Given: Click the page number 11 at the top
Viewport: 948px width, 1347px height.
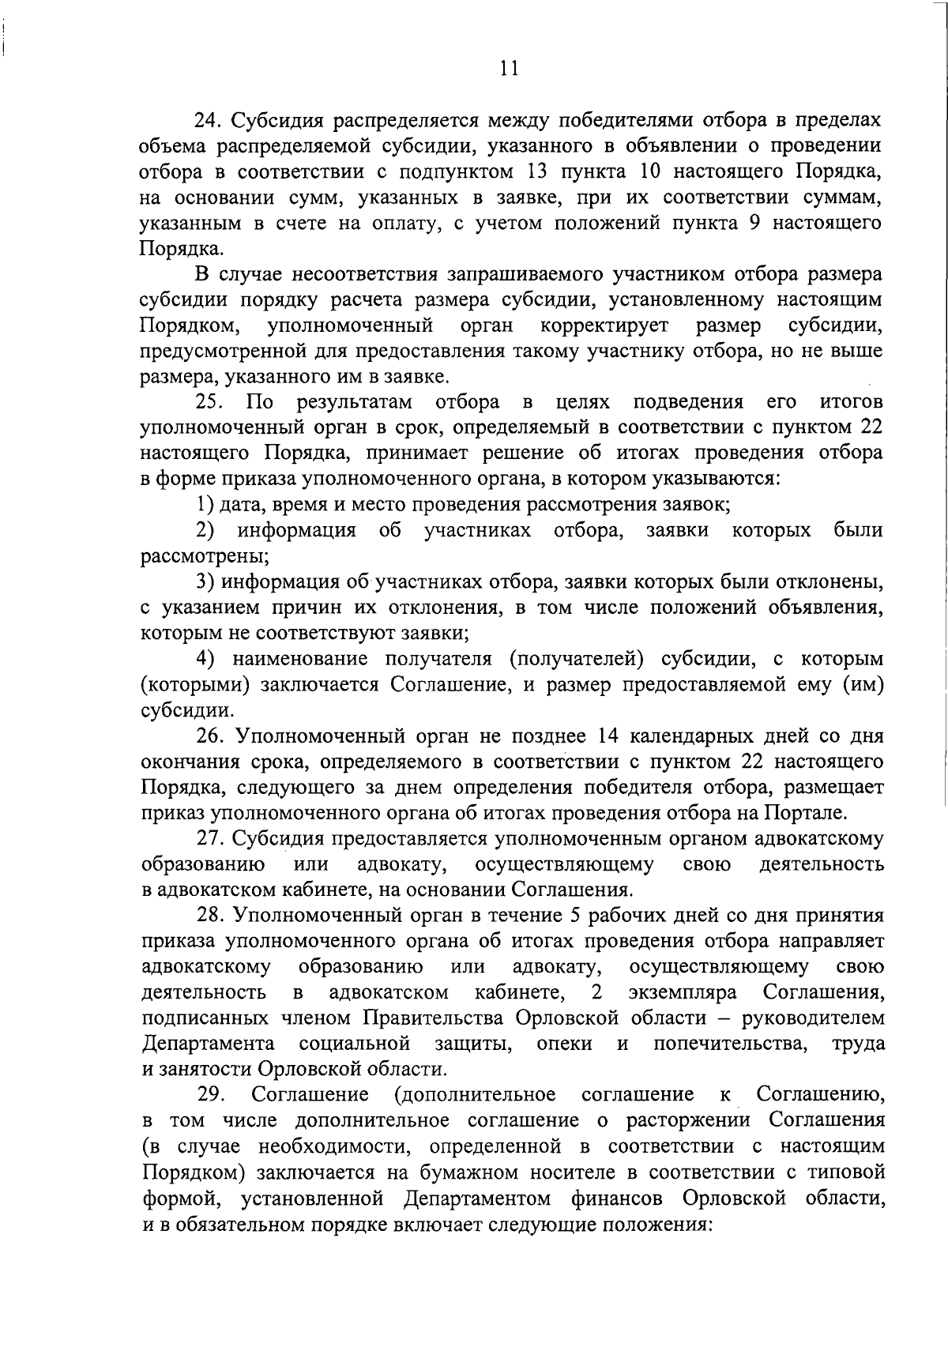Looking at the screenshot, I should (x=509, y=69).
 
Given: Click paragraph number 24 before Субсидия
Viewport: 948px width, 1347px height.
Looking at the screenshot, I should (x=209, y=121).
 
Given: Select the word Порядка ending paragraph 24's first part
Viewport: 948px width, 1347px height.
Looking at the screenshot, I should (x=176, y=249).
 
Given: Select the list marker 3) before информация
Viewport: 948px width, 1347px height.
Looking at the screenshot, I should (x=205, y=582).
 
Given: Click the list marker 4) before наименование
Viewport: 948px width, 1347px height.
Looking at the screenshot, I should (x=205, y=658).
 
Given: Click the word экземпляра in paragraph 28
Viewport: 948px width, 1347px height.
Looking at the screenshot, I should (x=685, y=991).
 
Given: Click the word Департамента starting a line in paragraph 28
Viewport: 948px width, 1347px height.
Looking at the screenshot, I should (x=209, y=1044).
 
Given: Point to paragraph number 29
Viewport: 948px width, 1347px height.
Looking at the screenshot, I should (x=211, y=1095).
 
